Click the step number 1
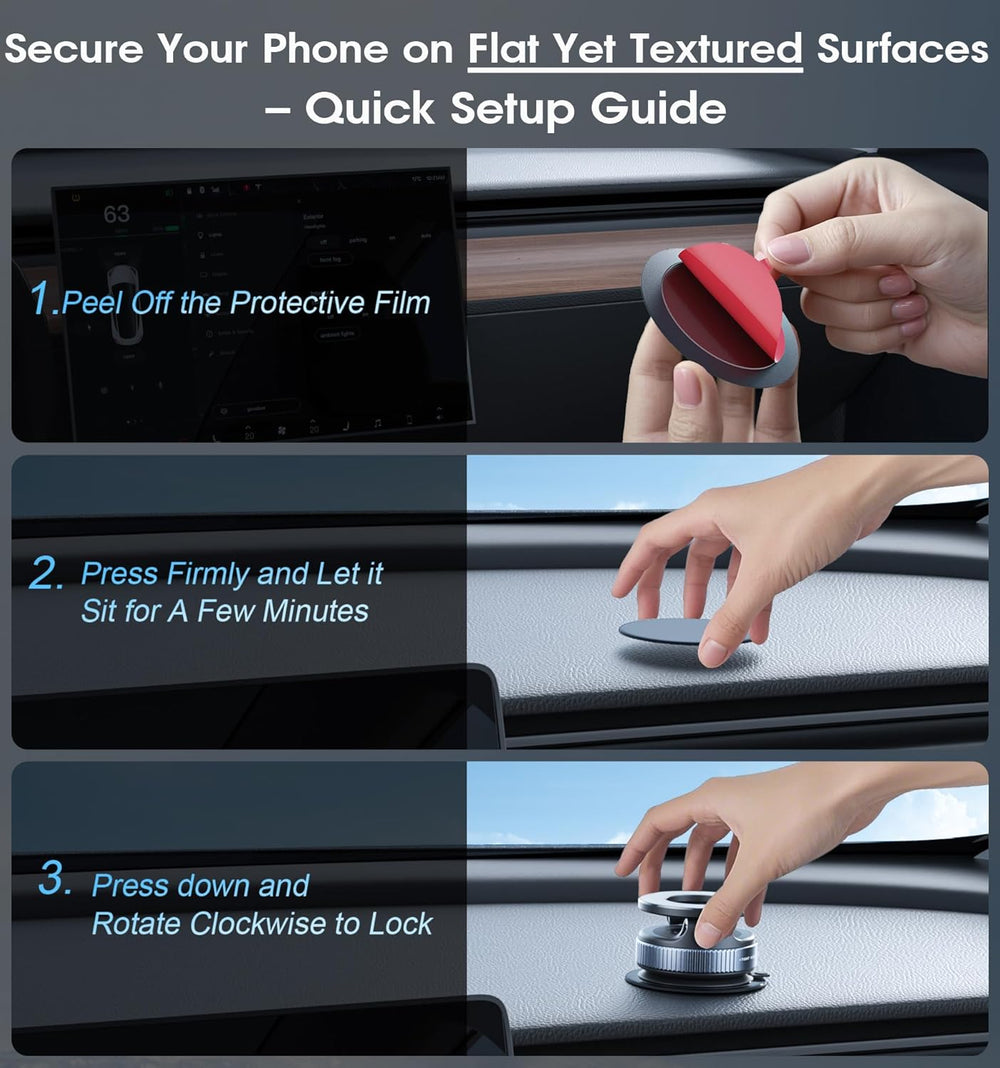click(x=40, y=299)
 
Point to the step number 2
click(x=45, y=575)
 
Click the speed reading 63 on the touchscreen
click(x=116, y=214)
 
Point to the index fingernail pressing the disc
click(x=713, y=653)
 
